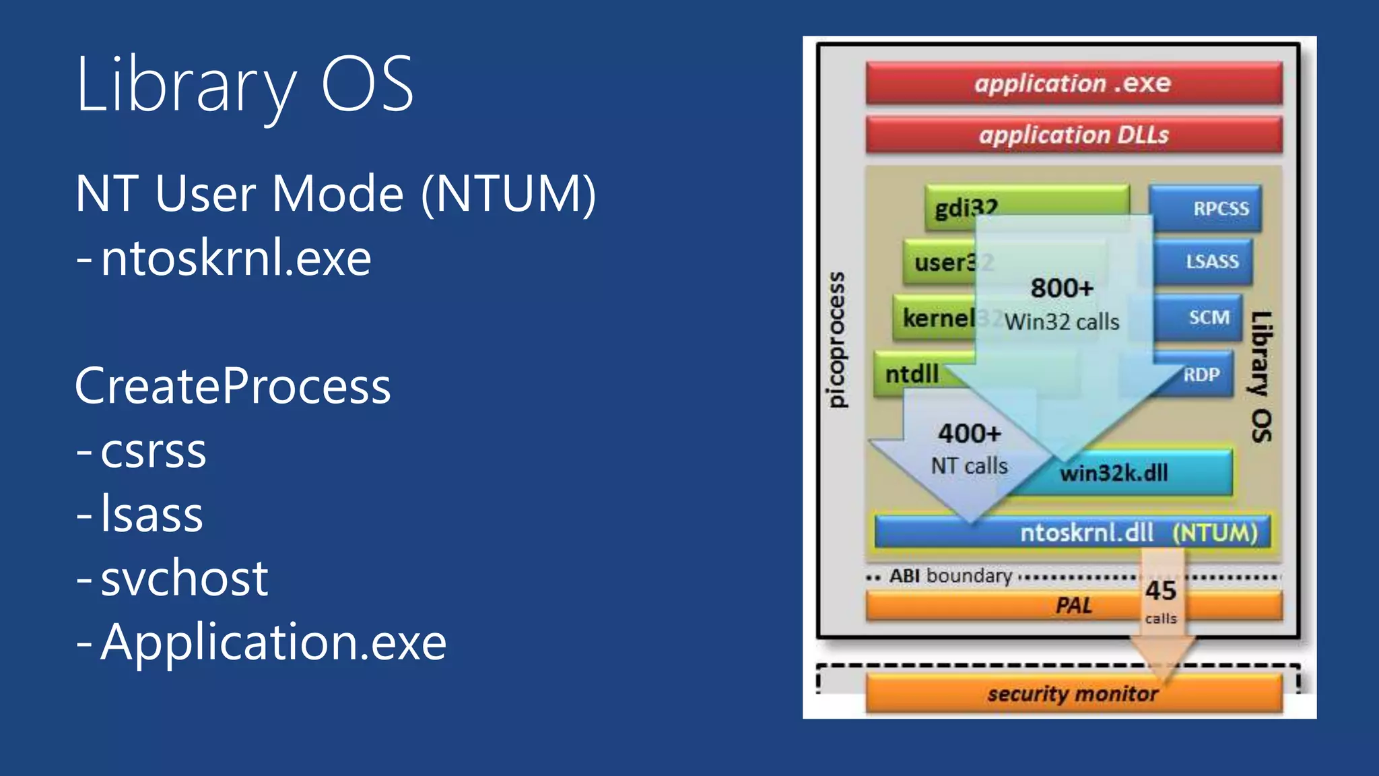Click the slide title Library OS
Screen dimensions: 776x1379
click(x=244, y=86)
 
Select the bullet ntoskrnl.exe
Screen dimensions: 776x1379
click(x=236, y=259)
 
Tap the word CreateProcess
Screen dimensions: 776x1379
click(x=233, y=386)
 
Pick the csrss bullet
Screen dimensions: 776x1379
click(x=153, y=451)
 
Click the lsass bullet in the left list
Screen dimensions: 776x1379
click(x=152, y=514)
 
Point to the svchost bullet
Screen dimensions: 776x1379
click(x=184, y=578)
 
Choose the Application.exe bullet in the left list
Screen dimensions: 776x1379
click(x=273, y=642)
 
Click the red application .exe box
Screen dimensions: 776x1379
click(x=1073, y=84)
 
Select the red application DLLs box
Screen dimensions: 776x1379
click(x=1073, y=135)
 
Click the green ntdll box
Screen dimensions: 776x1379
click(x=912, y=374)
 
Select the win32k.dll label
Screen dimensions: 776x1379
click(x=1114, y=473)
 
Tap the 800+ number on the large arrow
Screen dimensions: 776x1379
click(x=1062, y=288)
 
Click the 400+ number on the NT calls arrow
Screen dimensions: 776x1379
click(x=970, y=433)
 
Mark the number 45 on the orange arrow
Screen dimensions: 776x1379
click(x=1161, y=591)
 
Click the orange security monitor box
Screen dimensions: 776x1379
click(x=1073, y=694)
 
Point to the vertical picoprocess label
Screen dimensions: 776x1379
click(x=836, y=340)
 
